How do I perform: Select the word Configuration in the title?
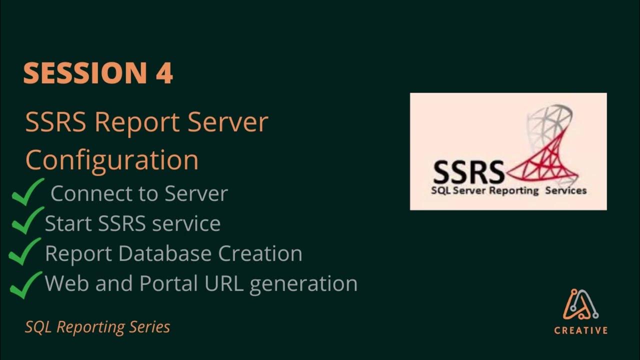point(111,160)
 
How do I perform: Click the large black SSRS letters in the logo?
point(468,172)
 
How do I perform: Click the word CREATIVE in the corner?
point(581,330)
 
